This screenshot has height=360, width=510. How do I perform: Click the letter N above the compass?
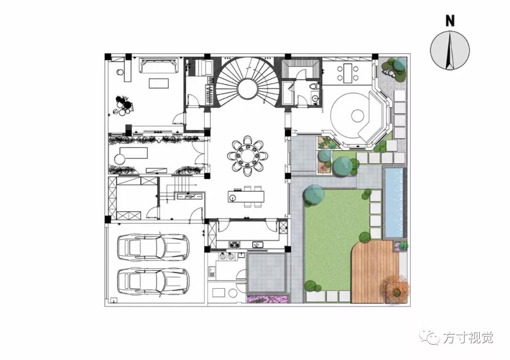click(x=450, y=20)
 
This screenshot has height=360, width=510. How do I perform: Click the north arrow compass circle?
click(x=450, y=50)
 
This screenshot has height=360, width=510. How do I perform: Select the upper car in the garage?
click(x=153, y=247)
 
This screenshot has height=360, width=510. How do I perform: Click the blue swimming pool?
click(x=394, y=202)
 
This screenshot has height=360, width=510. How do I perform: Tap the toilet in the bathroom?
click(x=314, y=87)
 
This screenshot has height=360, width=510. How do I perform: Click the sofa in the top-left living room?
click(x=159, y=65)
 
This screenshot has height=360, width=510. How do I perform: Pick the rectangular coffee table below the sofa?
click(x=159, y=83)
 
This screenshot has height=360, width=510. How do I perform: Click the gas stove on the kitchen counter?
click(x=234, y=245)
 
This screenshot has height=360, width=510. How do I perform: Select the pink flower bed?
click(x=267, y=299)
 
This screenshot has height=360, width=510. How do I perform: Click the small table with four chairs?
click(x=348, y=73)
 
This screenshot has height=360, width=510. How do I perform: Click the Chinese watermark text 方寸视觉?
click(x=467, y=338)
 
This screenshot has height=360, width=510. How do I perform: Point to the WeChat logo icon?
click(x=429, y=337)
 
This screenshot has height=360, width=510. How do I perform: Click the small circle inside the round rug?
click(x=357, y=115)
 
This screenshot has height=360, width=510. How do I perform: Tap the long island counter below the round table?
click(x=246, y=197)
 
